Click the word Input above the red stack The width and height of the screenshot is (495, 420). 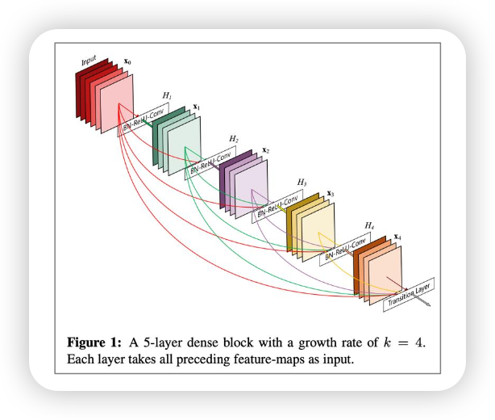[89, 61]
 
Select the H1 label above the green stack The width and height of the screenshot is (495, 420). [167, 96]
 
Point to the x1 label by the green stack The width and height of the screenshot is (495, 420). [196, 107]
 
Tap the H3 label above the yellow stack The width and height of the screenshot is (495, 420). [302, 183]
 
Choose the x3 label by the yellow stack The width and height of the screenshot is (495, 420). [330, 195]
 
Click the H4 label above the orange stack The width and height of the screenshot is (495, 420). [368, 225]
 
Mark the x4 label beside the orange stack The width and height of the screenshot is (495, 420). [397, 237]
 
